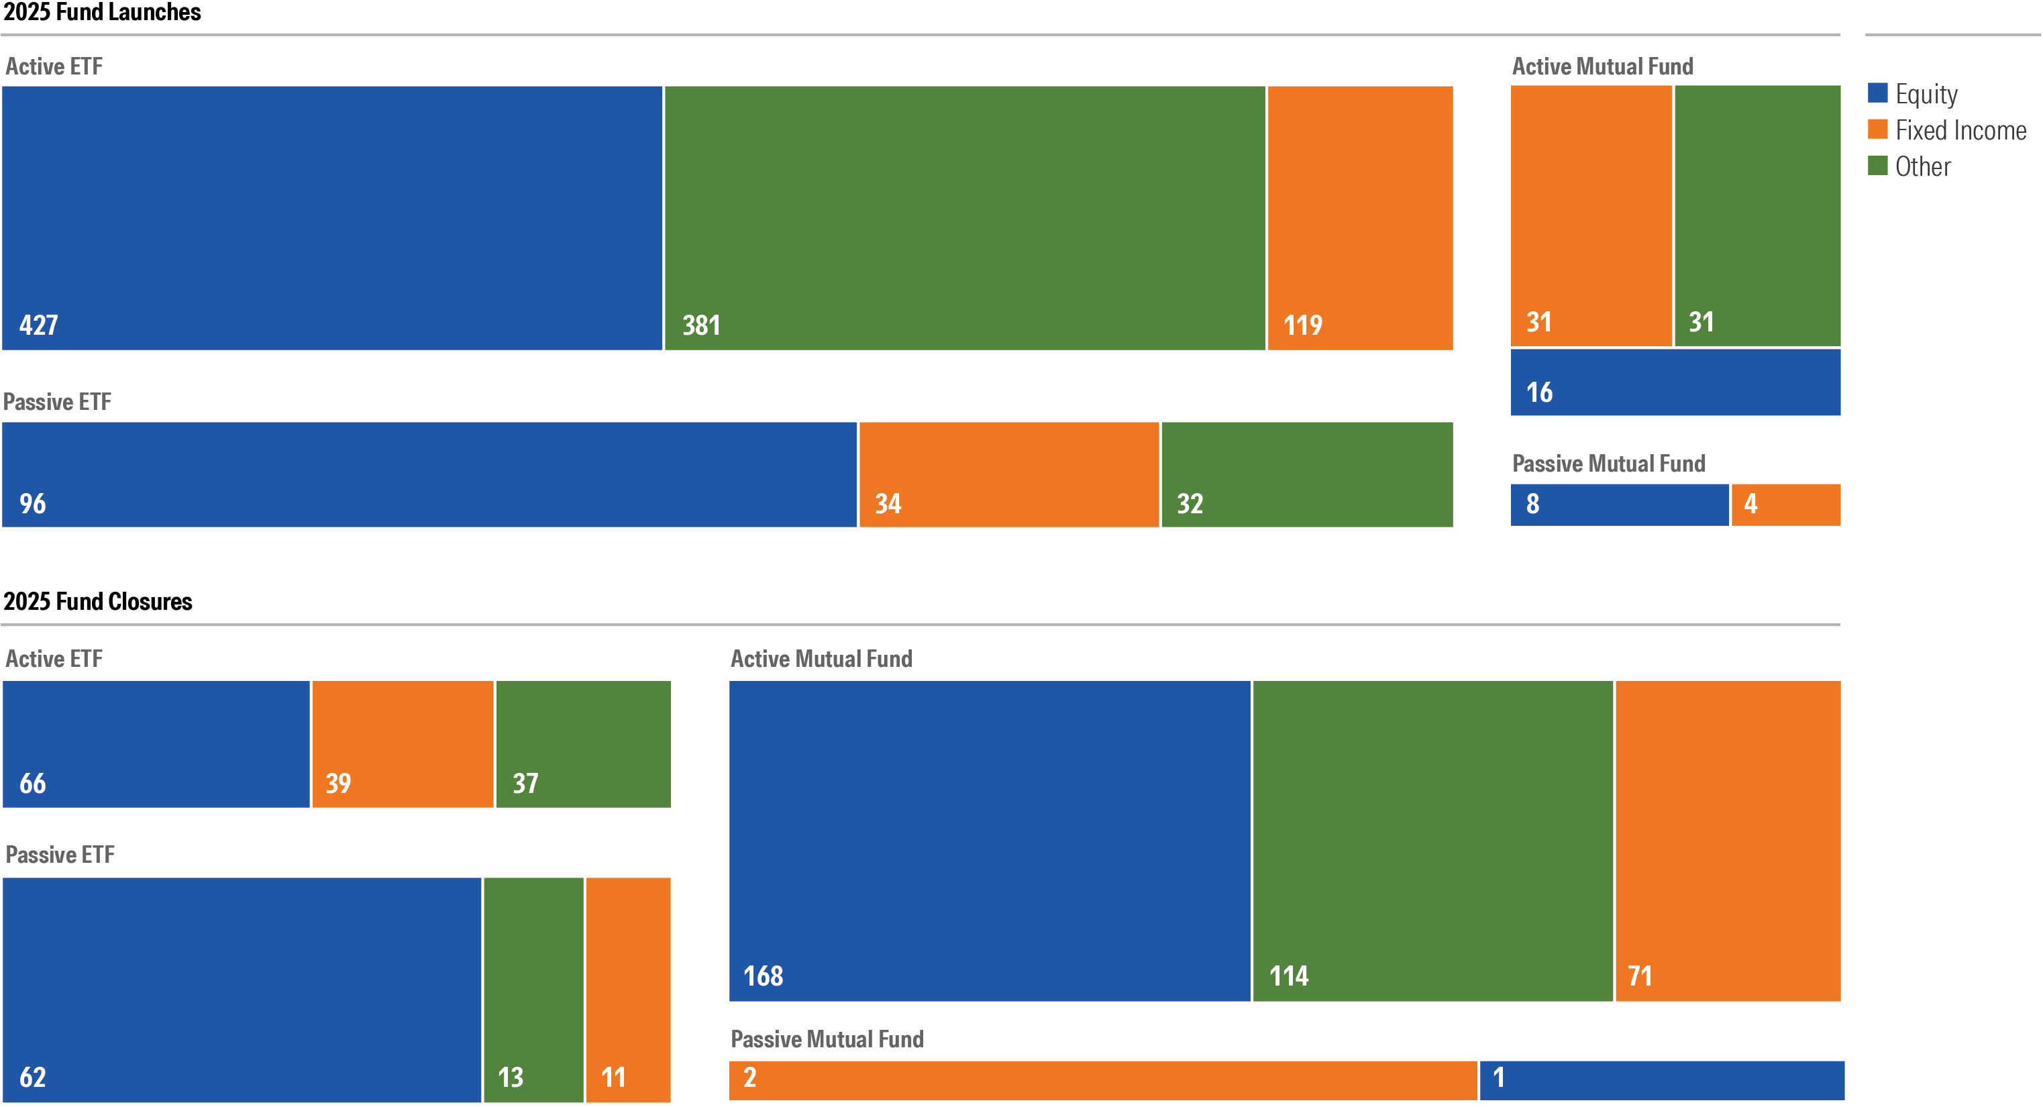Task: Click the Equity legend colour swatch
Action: click(x=1877, y=93)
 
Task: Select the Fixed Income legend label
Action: click(x=1960, y=130)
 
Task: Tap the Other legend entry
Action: click(x=1922, y=166)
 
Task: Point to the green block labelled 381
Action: click(x=964, y=218)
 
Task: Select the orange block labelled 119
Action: click(x=1359, y=218)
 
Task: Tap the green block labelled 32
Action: click(x=1306, y=474)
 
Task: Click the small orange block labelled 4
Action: click(x=1785, y=505)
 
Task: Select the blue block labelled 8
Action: click(x=1619, y=505)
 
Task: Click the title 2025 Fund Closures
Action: click(x=97, y=601)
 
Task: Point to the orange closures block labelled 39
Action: click(x=402, y=744)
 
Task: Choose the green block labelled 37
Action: click(x=583, y=744)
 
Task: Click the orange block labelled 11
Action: click(x=628, y=989)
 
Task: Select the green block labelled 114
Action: click(x=1432, y=841)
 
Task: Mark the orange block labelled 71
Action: click(x=1728, y=841)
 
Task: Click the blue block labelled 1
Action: click(x=1661, y=1080)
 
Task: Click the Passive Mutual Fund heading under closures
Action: click(x=827, y=1039)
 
